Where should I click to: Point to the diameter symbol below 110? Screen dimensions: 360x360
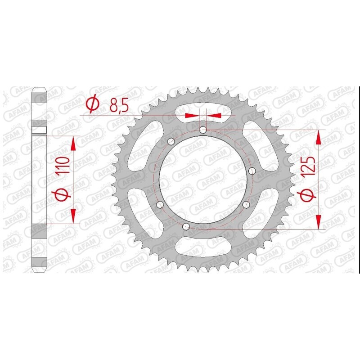(x=63, y=194)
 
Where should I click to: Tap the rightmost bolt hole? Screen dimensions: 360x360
(x=252, y=171)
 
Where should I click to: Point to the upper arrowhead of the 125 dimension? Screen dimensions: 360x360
(x=319, y=138)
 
